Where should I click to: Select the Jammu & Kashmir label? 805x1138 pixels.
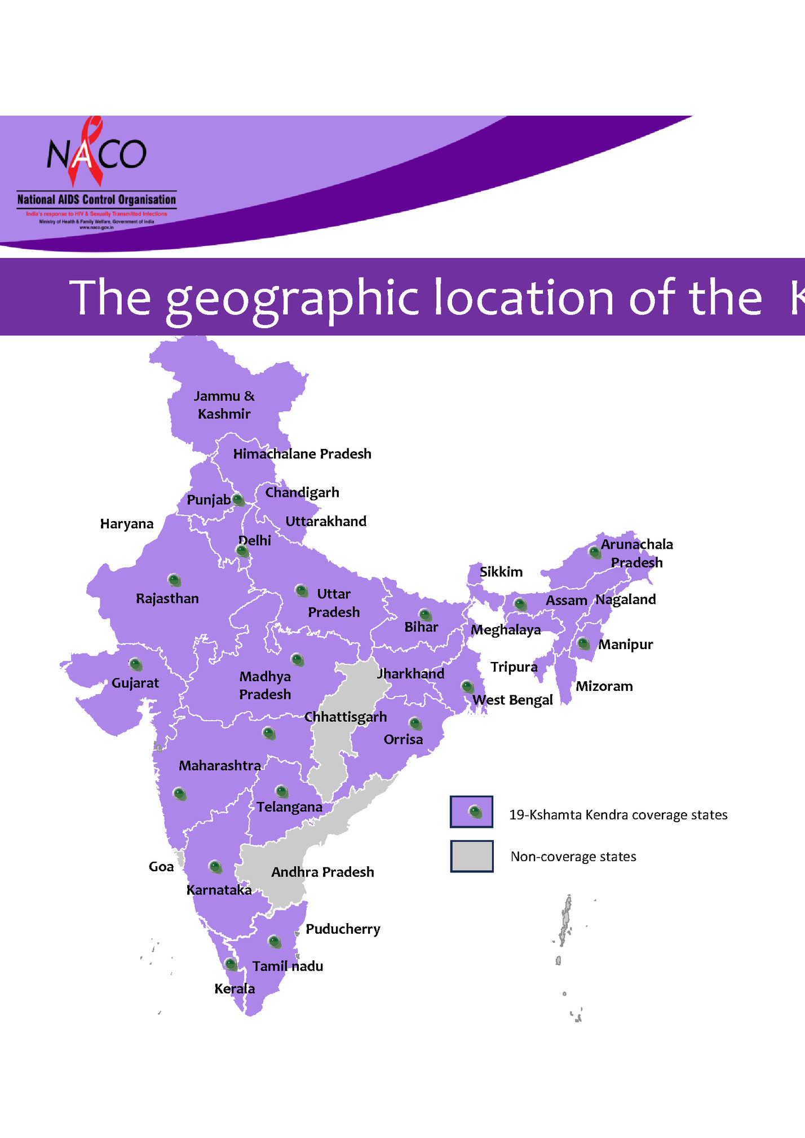(x=224, y=405)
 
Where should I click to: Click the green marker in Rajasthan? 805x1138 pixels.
(x=174, y=580)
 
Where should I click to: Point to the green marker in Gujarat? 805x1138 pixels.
(x=135, y=664)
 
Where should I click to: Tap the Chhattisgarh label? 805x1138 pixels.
(x=346, y=717)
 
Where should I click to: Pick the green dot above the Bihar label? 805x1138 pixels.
(x=426, y=615)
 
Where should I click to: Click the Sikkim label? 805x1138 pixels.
(x=501, y=572)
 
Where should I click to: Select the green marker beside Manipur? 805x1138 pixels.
(x=583, y=643)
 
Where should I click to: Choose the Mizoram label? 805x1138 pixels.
(x=604, y=686)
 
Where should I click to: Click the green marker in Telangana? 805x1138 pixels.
(x=281, y=792)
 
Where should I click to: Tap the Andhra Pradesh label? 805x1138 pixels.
(x=322, y=872)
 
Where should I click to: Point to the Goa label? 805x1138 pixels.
(x=161, y=867)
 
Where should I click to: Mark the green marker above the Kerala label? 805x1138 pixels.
(x=231, y=964)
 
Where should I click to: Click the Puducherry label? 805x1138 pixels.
(x=343, y=929)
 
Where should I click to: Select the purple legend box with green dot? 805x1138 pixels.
(x=471, y=812)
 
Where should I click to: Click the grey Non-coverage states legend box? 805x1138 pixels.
(x=471, y=856)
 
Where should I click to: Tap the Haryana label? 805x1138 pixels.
(x=127, y=524)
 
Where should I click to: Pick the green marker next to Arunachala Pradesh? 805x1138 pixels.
(x=594, y=552)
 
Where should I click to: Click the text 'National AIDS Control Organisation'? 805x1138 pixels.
(x=96, y=200)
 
